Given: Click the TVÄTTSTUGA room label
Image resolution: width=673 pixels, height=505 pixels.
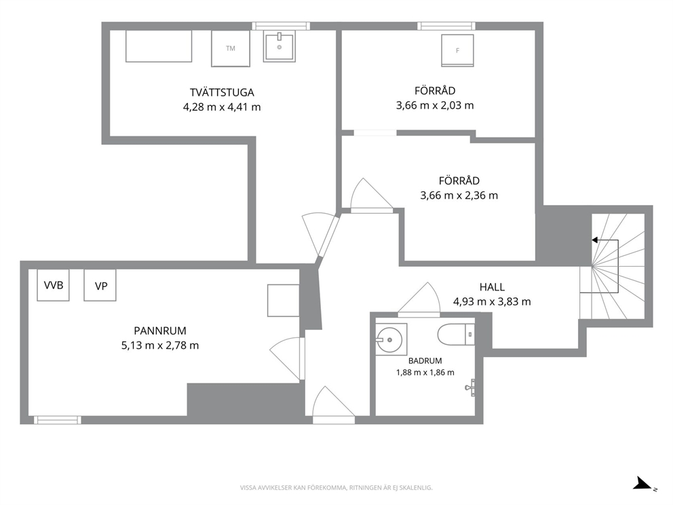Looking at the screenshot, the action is pos(222,92).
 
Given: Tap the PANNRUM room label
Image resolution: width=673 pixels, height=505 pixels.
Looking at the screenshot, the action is pos(160,331).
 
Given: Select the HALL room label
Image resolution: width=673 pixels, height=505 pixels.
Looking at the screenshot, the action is pos(492,287).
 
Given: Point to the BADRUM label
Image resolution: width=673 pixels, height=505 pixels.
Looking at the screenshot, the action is pos(425,360).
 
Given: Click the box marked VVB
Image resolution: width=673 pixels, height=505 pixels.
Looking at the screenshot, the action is pos(53,284).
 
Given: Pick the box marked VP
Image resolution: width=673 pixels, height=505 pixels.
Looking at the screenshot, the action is pos(100,285).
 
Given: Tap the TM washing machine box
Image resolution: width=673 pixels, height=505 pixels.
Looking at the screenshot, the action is pos(231,48).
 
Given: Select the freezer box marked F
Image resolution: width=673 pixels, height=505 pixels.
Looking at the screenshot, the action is pos(457,51).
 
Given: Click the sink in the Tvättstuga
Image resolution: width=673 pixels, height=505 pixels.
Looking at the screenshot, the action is pos(279,47).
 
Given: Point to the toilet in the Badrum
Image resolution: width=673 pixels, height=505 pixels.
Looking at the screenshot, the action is pos(456,335).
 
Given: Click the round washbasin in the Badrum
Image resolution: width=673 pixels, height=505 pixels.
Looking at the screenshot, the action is pos(389,339).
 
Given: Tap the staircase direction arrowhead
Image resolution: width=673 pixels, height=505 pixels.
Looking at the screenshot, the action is pos(595,240).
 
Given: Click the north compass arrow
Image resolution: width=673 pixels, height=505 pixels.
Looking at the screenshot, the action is pos(643,483).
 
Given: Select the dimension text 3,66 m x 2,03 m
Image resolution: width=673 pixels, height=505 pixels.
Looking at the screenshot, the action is pos(435,105).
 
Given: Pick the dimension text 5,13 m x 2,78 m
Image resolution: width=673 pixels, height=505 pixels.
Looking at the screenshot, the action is pos(160,345).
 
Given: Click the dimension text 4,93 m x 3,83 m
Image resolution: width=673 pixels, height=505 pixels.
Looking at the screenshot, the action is pos(492,301).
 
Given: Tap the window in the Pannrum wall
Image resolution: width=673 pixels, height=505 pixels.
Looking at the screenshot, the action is pos(58,420).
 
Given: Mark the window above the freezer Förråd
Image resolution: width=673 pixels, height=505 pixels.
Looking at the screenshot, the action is pos(446,26).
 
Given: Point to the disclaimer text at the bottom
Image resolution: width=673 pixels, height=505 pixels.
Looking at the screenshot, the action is pos(336,487).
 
